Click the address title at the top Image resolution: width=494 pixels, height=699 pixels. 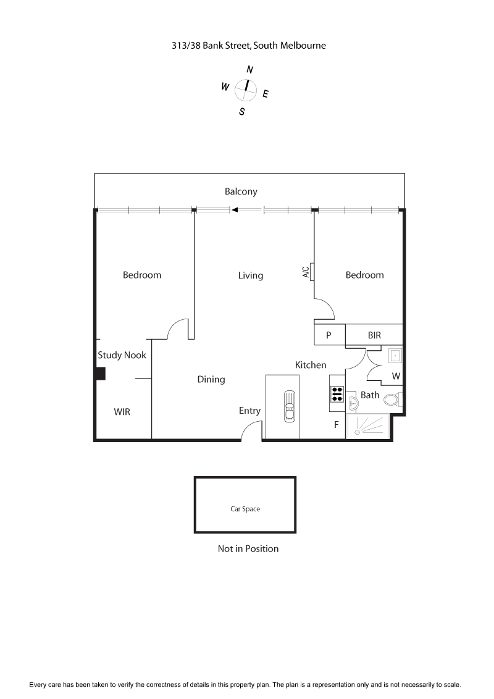pos(248,45)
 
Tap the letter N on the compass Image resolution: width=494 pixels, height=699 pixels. pos(249,70)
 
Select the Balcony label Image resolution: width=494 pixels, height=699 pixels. pos(241,191)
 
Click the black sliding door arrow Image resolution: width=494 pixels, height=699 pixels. pos(235,211)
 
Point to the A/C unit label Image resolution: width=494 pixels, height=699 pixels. pos(306,272)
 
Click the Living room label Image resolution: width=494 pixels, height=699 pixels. pos(251,275)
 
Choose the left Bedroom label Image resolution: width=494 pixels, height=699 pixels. pos(142,275)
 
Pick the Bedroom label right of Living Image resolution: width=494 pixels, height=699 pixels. pos(364,275)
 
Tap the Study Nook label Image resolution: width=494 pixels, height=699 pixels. pos(122,355)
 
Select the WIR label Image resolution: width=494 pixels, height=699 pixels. pos(122,411)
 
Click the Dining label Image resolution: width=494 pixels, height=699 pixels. pos(211,379)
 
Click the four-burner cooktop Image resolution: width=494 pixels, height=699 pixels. pos(337,394)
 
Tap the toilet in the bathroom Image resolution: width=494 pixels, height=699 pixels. pos(392,400)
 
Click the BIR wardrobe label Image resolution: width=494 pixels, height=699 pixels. pos(374,335)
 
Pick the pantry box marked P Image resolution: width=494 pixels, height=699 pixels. pos(329,335)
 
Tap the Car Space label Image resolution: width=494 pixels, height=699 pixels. pos(245,509)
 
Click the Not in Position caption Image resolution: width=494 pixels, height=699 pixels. pos(248,548)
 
